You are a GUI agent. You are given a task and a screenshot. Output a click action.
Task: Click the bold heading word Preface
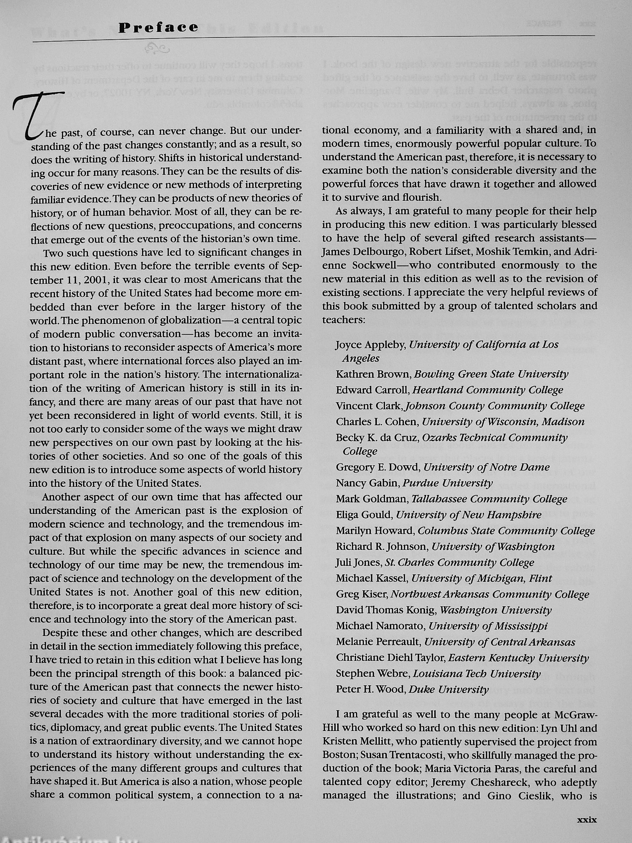tap(158, 27)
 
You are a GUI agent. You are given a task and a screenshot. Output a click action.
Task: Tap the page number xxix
tap(587, 819)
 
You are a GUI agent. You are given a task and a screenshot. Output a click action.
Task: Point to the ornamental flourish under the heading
tap(157, 48)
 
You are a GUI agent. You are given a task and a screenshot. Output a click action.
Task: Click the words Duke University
tap(448, 689)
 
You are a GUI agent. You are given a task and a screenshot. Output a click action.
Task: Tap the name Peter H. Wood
tap(369, 689)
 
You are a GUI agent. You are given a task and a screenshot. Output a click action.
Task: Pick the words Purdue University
tap(447, 483)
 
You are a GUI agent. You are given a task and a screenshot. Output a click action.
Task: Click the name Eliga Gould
tap(364, 515)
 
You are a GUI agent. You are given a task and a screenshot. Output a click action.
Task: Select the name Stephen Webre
tap(371, 673)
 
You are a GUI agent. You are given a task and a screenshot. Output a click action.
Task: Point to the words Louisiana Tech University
tap(476, 673)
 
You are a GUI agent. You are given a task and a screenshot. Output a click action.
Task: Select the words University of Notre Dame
tap(486, 467)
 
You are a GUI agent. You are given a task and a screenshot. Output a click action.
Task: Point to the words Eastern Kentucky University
tap(518, 658)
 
